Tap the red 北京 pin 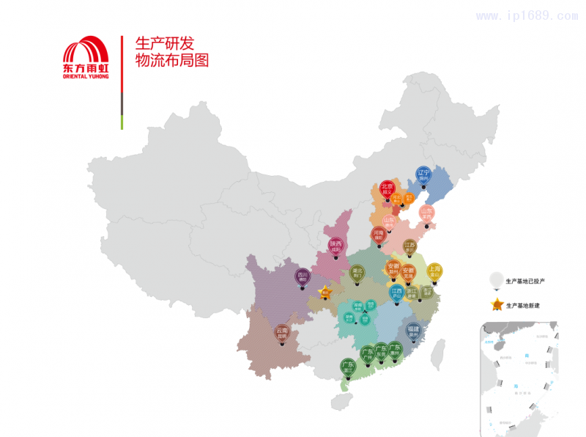coord(387,190)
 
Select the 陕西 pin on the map coord(335,246)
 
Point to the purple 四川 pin coord(303,277)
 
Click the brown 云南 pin coord(281,334)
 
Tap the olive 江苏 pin coord(409,248)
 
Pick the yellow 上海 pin coord(434,271)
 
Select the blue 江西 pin coord(396,293)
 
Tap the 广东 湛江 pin coord(348,367)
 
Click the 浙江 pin coord(412,293)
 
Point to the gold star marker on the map coord(324,292)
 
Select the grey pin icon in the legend coord(497,279)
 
